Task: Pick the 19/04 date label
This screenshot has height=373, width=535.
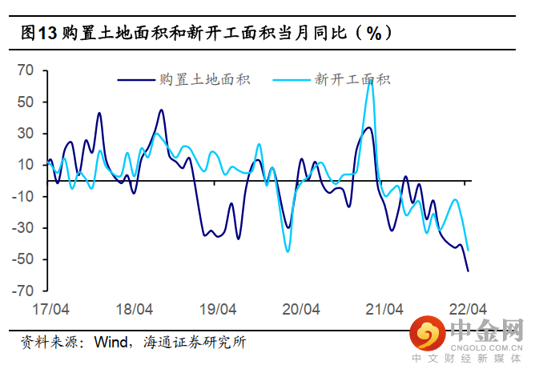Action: click(217, 308)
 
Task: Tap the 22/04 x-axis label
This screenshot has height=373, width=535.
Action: click(467, 308)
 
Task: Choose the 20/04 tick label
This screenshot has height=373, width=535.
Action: click(300, 308)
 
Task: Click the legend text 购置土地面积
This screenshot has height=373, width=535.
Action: click(206, 79)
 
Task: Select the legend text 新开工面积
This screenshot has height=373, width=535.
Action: click(352, 79)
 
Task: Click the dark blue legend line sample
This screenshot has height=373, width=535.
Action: click(137, 79)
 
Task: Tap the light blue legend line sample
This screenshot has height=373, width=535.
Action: click(292, 79)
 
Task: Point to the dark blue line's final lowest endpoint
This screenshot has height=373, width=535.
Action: click(468, 271)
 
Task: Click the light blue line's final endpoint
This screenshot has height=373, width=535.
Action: click(468, 250)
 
